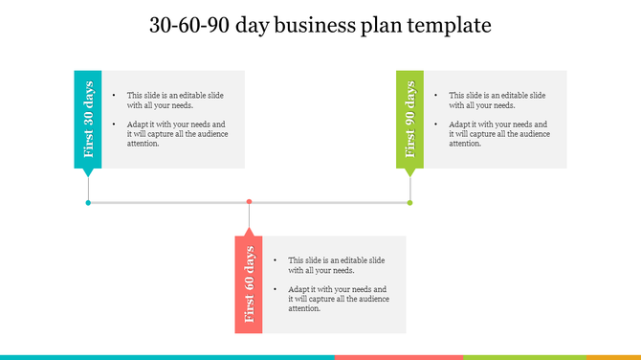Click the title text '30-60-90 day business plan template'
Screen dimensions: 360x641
[320, 26]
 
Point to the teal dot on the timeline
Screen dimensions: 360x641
[88, 202]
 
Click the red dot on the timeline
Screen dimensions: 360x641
[249, 202]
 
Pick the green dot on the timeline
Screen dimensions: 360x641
[409, 202]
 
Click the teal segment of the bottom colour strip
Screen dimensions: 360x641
[167, 356]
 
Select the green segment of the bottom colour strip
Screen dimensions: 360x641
[502, 356]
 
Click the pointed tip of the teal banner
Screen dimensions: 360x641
[88, 175]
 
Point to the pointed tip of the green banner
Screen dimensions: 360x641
[409, 175]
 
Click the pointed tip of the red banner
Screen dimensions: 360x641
[249, 231]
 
